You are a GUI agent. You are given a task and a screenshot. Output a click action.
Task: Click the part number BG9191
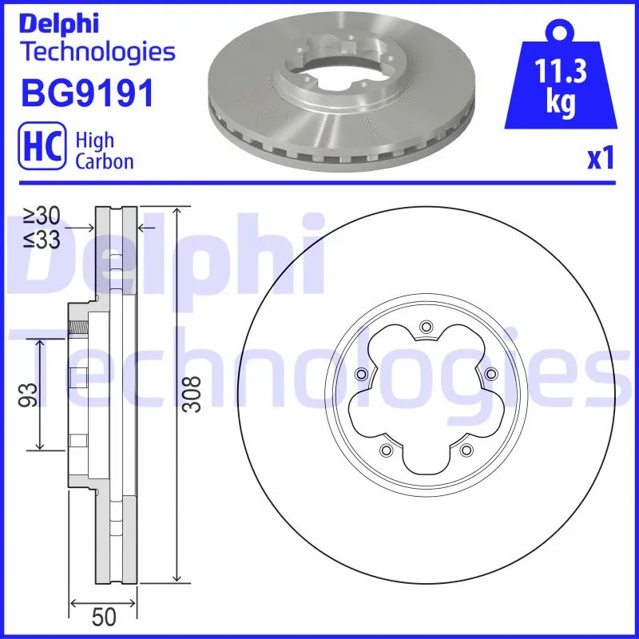(x=85, y=93)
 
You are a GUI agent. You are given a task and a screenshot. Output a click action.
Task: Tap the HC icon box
(x=41, y=149)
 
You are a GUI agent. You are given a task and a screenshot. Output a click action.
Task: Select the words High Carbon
(x=104, y=150)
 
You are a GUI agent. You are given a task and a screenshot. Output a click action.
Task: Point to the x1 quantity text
(x=600, y=160)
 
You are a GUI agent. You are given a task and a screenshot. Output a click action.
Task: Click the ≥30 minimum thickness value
(x=42, y=216)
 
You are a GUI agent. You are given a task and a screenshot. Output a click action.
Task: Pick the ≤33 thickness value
(x=42, y=239)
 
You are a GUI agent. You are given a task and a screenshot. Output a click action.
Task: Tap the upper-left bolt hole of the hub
(x=361, y=374)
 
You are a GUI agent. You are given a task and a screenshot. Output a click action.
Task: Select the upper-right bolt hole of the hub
(x=490, y=373)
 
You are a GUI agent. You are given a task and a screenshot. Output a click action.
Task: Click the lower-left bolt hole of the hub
(x=386, y=450)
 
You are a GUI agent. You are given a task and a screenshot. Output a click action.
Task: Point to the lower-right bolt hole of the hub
(x=465, y=450)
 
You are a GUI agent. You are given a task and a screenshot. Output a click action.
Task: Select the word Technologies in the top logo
(x=97, y=52)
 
